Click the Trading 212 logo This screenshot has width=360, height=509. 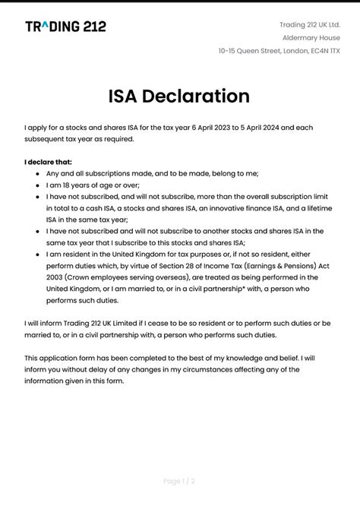click(65, 27)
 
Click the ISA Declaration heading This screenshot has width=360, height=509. click(179, 96)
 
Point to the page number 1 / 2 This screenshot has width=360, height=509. click(179, 481)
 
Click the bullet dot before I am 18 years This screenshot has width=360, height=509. click(38, 185)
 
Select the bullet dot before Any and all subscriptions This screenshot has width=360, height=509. click(38, 173)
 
